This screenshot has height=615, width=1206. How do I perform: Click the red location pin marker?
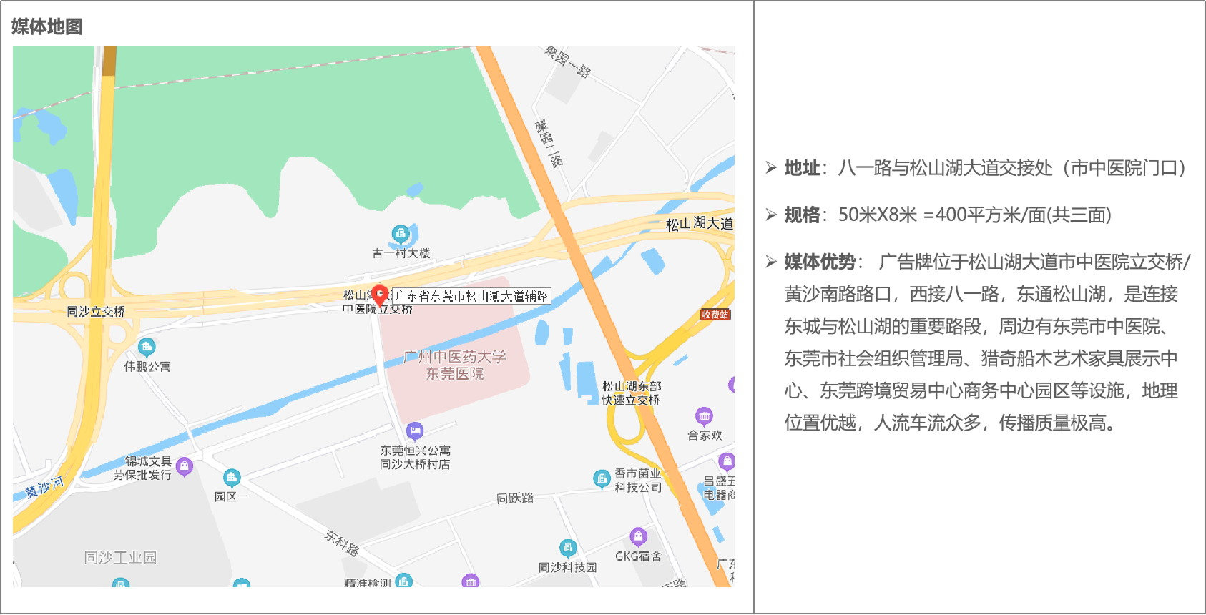pos(380,294)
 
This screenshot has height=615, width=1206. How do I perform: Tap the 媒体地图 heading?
pos(47,26)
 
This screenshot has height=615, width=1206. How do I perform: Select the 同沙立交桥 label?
pos(96,312)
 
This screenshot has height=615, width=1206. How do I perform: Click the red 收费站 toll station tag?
pos(715,315)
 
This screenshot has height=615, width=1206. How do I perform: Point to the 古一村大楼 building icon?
pos(400,233)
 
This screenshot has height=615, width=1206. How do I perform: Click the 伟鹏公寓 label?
pos(147,366)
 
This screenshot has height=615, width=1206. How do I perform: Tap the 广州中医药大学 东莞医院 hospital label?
pos(455,365)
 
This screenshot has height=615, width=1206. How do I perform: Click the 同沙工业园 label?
pos(120,557)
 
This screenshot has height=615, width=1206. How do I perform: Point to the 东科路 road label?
pos(341,543)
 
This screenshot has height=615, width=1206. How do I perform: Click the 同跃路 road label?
pos(515,498)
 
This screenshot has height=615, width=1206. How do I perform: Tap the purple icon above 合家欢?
pos(704,416)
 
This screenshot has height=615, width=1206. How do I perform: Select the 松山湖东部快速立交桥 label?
pos(631,393)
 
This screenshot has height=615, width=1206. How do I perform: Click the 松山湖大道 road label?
pos(699,224)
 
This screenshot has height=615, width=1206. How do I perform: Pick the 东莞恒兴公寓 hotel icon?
pos(414,431)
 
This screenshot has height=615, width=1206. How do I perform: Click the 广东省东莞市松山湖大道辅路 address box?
pos(471,296)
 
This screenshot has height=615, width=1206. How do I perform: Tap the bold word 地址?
pos(802,168)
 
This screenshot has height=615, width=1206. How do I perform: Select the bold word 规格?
pos(802,215)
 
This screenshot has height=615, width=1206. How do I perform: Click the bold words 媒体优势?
pos(820,262)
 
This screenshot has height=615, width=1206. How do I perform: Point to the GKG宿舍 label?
pos(638,556)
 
